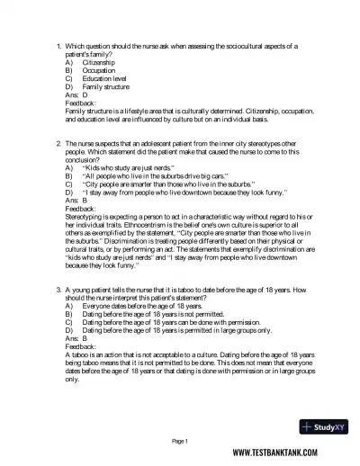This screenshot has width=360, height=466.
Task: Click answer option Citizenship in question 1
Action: (99, 63)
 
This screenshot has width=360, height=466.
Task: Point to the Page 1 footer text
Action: (179, 441)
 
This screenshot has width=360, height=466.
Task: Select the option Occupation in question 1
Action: (99, 71)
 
